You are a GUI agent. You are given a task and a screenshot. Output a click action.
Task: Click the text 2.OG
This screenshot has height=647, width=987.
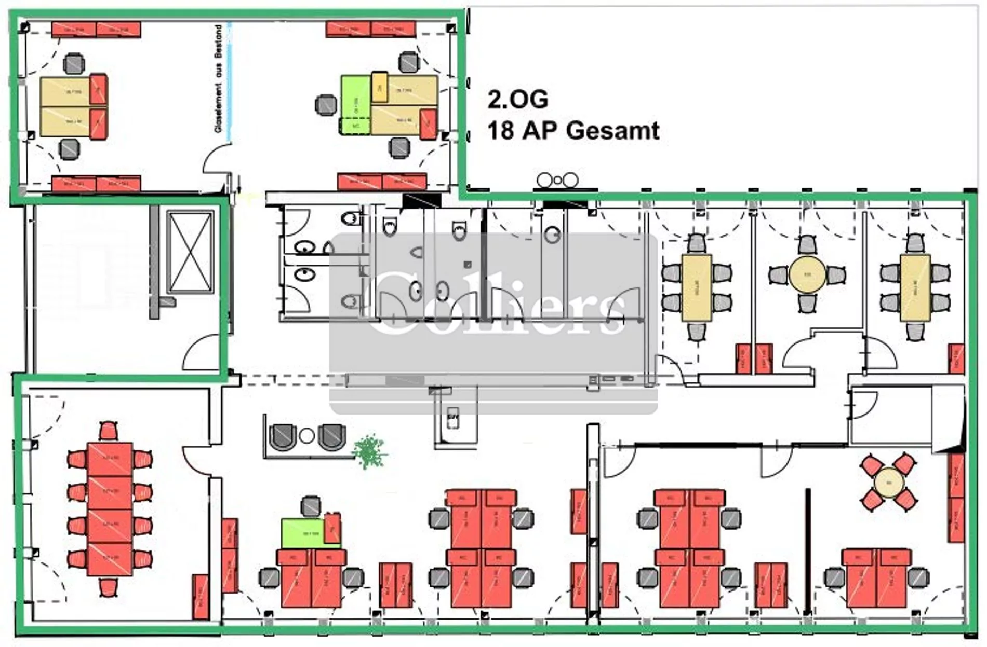(x=517, y=99)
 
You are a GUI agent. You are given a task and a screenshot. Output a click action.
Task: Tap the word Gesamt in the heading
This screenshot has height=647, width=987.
(x=613, y=130)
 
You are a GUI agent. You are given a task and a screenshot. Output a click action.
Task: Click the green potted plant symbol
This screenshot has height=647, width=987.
(x=369, y=450)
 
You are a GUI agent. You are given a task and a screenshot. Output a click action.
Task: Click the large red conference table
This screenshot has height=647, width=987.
(x=110, y=509)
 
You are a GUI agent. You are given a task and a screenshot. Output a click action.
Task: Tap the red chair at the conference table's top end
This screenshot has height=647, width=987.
(x=108, y=432)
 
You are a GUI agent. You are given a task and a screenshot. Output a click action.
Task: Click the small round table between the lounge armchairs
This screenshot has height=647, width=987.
(x=307, y=435)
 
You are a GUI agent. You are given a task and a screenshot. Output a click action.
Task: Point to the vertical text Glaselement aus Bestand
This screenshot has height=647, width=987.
(x=219, y=78)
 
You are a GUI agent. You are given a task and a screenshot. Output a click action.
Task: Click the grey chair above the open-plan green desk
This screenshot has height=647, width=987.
(x=311, y=506)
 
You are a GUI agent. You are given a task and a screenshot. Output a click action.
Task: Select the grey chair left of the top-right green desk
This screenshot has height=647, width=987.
(x=326, y=105)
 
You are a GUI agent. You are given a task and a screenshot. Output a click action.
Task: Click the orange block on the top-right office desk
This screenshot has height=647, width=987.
(x=379, y=87)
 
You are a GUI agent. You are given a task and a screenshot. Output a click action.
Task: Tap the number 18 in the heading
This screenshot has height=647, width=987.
(x=501, y=130)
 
